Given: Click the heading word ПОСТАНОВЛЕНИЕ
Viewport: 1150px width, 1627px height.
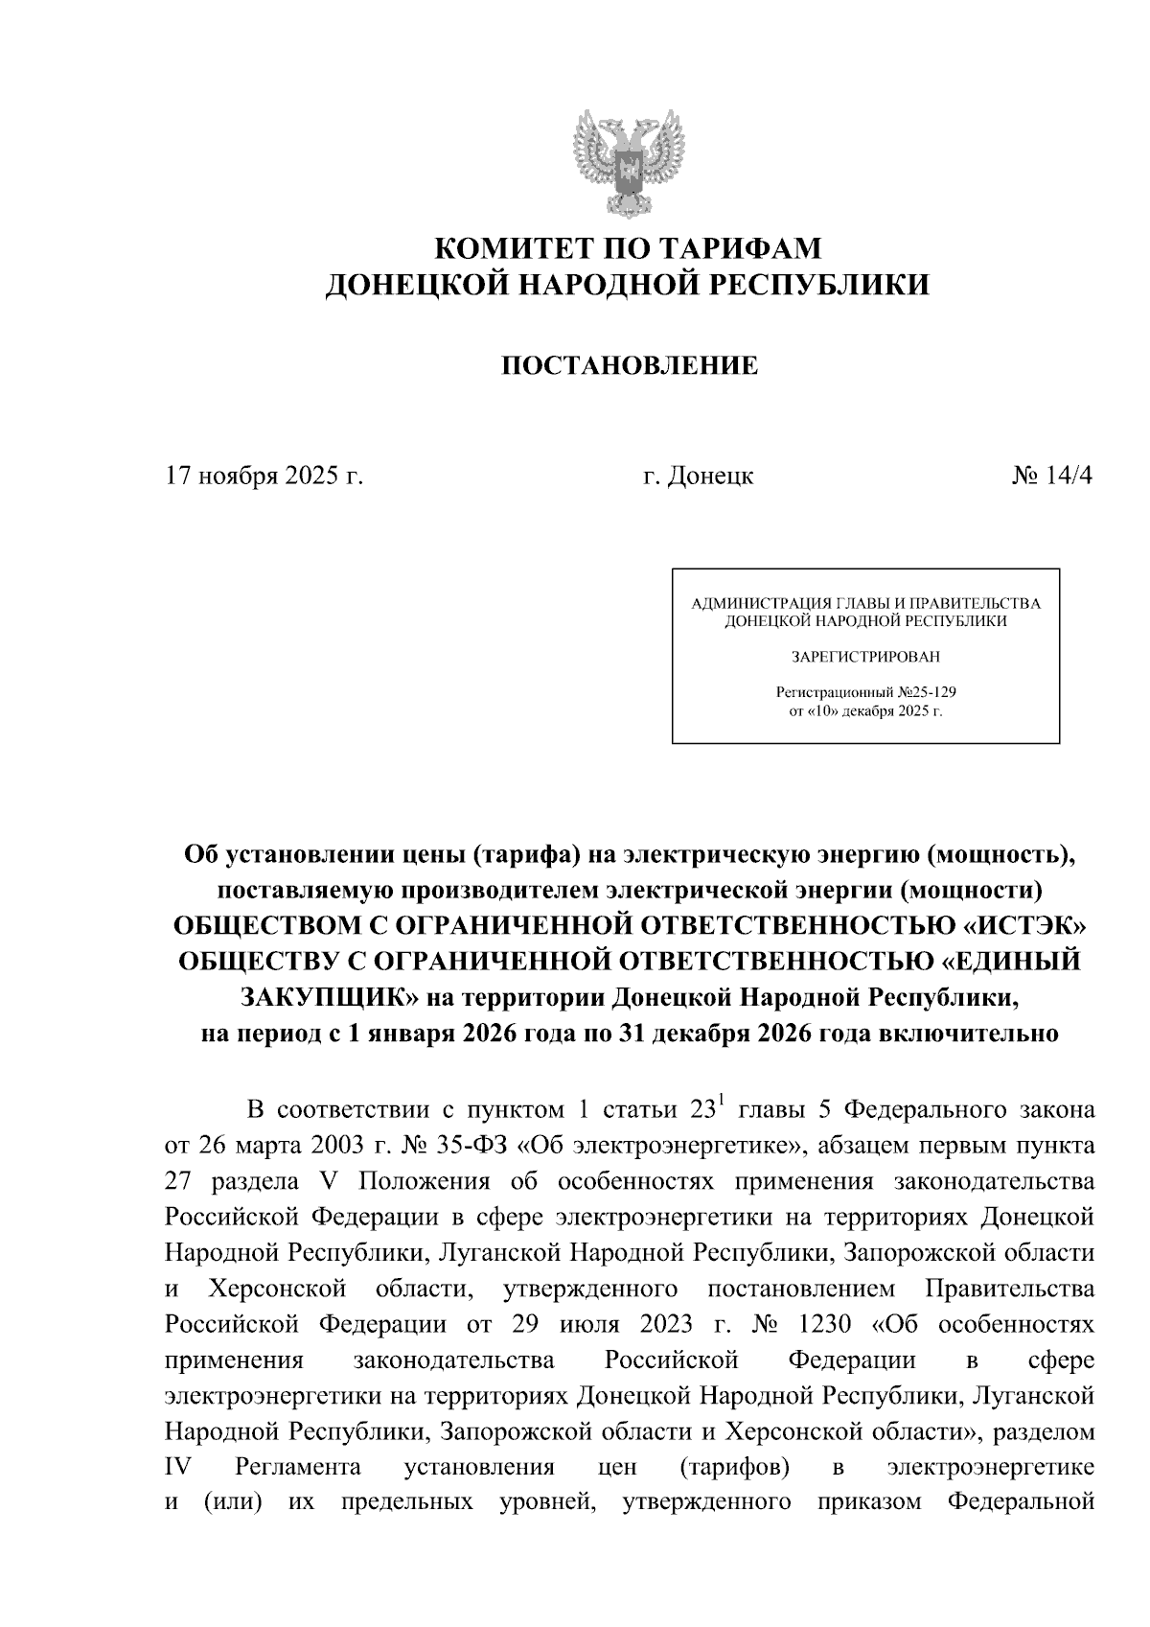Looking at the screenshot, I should coord(629,365).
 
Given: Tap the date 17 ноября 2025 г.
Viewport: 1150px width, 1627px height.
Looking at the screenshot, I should coord(264,476).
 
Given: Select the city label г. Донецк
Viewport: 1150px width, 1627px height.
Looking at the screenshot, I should coord(698,476).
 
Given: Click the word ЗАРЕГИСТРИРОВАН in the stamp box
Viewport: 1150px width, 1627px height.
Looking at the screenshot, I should coord(865,658).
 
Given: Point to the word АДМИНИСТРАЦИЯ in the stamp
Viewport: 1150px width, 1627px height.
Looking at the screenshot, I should coord(748,604).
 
